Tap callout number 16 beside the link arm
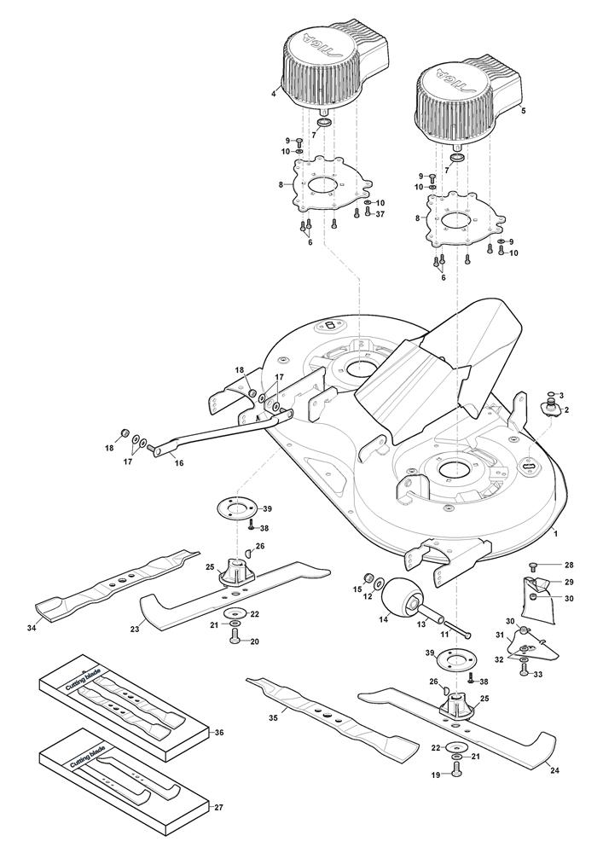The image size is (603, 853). pos(179,463)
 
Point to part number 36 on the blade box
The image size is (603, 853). pos(219,732)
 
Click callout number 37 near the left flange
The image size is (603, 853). pos(380,214)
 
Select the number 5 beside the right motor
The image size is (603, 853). pos(524,110)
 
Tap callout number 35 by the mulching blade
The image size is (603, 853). pos(273,717)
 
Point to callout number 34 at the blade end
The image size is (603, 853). pos(32,629)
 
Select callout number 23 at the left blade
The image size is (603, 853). pos(135,630)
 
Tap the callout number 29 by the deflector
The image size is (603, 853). pos(569,582)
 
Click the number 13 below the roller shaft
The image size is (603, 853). pos(421,624)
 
